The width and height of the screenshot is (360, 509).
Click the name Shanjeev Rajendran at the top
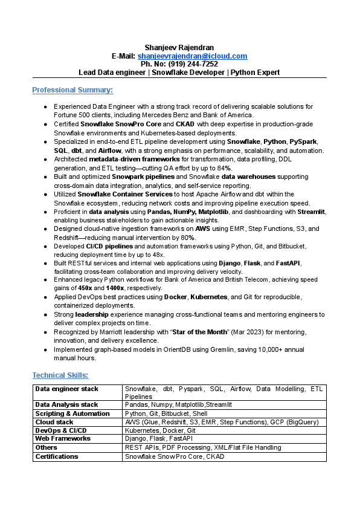click(x=179, y=48)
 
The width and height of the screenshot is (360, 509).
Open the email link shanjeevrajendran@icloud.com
click(x=196, y=56)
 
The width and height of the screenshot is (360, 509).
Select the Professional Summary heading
click(x=72, y=90)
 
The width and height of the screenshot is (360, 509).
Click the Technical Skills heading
click(x=60, y=375)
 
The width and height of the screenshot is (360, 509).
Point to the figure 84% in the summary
click(x=223, y=167)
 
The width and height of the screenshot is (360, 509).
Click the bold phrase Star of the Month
click(x=199, y=332)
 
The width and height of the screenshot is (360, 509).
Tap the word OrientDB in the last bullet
click(x=158, y=349)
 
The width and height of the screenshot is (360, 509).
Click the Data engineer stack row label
click(x=66, y=389)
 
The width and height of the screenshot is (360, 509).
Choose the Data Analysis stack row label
click(x=66, y=404)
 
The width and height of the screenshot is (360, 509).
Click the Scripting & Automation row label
click(x=72, y=413)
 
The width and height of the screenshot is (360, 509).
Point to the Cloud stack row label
click(x=54, y=422)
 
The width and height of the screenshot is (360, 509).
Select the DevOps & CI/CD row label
click(x=61, y=430)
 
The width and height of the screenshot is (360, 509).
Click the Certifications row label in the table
click(x=57, y=456)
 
